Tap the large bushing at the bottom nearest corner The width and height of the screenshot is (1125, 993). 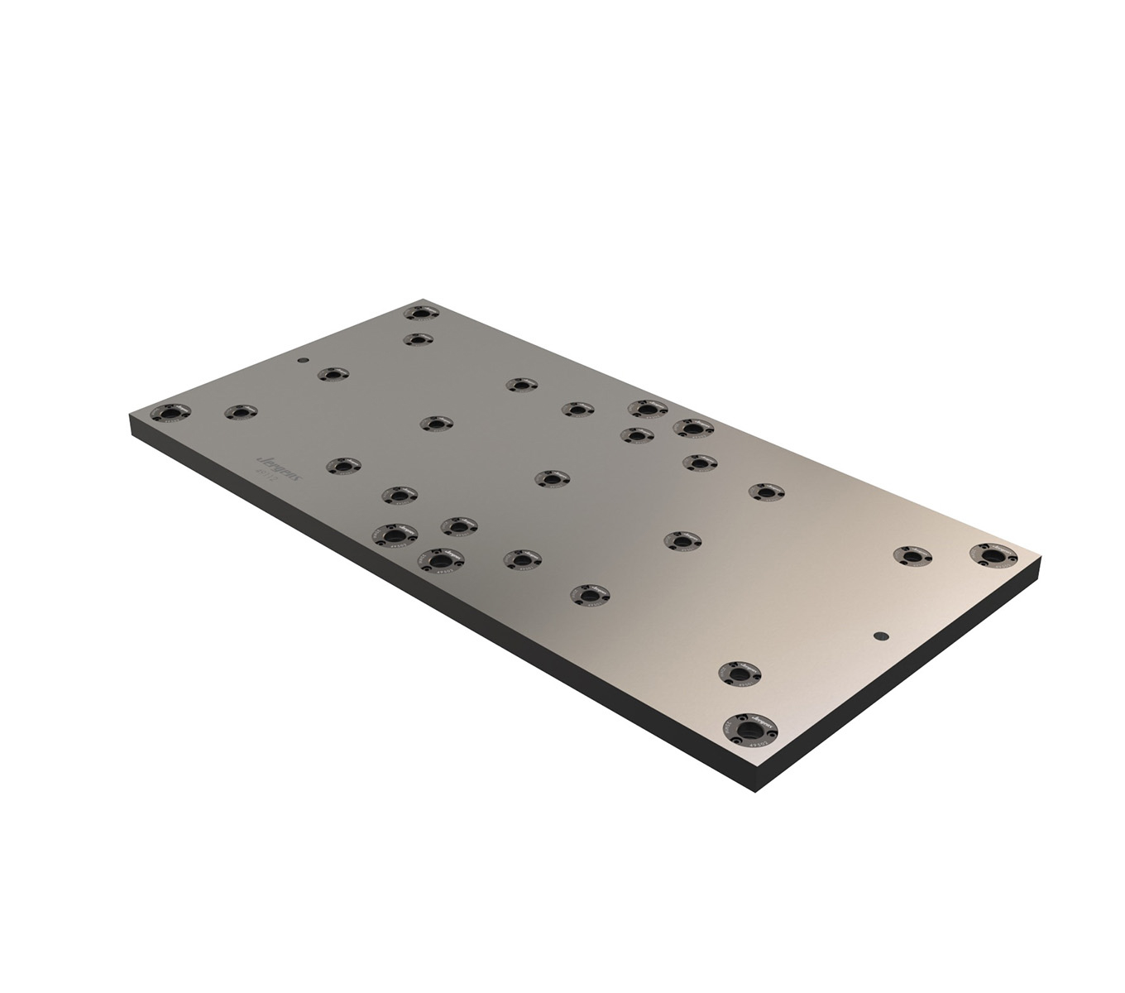click(x=752, y=730)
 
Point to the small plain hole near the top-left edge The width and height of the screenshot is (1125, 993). click(x=304, y=361)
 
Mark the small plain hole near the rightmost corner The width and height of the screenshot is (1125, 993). click(x=879, y=636)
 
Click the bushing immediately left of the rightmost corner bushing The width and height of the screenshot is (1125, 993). click(x=912, y=556)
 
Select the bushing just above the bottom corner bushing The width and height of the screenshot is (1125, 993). click(x=739, y=672)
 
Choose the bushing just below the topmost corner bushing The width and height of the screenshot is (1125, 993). click(x=419, y=339)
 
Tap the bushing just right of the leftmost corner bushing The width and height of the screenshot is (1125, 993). click(x=241, y=411)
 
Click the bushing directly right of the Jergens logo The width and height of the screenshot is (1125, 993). click(x=342, y=466)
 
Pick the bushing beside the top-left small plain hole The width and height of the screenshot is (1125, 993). click(x=333, y=374)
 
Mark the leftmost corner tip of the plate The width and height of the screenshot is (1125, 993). click(x=132, y=416)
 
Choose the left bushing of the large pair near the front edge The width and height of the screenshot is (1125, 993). click(x=393, y=534)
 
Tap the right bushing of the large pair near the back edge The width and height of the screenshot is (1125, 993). click(x=693, y=428)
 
